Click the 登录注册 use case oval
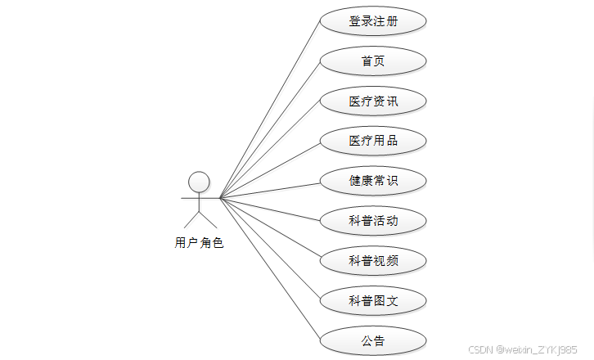pos(373,21)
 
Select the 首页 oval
pos(373,61)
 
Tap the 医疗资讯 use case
pos(373,101)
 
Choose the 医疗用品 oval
pos(373,141)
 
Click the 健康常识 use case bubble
pos(373,181)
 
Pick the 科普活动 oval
pos(373,220)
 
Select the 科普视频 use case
pos(373,260)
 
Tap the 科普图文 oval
pos(373,300)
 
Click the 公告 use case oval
pos(373,340)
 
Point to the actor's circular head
pos(199,181)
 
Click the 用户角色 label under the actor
pos(199,242)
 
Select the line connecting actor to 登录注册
pos(270,108)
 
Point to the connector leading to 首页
pos(270,128)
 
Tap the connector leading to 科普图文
pos(270,250)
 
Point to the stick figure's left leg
pos(191,218)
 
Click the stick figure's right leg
pos(208,218)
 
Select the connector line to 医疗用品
pos(270,169)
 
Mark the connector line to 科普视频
pos(270,229)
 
